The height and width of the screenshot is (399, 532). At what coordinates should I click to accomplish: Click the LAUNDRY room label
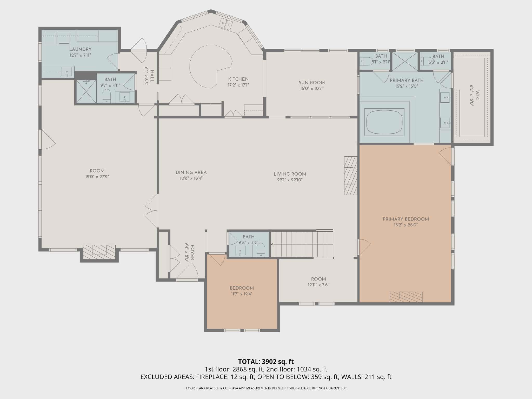point(80,49)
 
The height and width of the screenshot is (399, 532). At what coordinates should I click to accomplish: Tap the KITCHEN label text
point(238,79)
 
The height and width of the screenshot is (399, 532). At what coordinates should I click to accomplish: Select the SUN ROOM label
point(312,83)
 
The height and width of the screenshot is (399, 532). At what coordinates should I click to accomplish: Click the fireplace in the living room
point(351,176)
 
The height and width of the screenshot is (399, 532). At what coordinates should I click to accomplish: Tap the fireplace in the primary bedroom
point(406,297)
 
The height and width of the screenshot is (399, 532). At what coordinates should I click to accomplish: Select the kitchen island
point(211,66)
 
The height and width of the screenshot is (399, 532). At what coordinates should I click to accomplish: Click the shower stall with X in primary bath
point(405,61)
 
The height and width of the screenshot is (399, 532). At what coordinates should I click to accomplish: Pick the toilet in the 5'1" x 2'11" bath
point(367,62)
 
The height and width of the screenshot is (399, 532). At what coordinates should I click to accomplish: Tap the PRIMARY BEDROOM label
point(406,219)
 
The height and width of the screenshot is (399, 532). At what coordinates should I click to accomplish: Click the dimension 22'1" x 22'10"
point(290,180)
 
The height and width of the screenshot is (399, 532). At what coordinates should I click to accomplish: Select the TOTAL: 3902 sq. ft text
point(266,361)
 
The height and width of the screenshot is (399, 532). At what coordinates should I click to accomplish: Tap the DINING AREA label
point(191,172)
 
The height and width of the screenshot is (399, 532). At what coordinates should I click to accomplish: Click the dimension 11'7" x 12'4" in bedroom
point(242,294)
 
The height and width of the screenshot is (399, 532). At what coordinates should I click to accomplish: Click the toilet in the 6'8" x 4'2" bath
point(261,250)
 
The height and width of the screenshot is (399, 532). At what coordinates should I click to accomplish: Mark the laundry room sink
point(67,72)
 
